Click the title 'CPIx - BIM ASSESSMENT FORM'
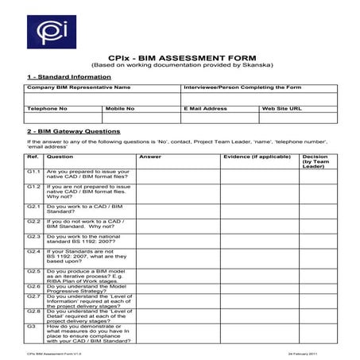tap(179, 57)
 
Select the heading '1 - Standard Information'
tap(60, 76)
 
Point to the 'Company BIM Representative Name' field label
tap(78, 87)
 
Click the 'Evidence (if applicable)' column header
tap(252, 157)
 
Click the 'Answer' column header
tap(150, 157)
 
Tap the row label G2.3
tap(33, 236)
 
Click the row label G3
tap(31, 327)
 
